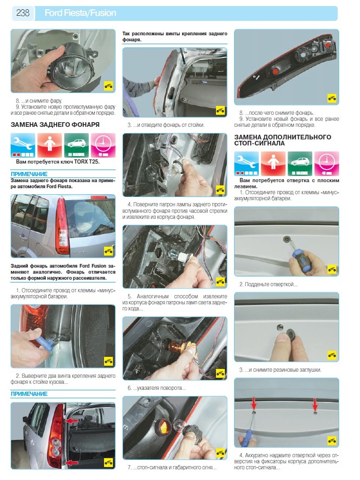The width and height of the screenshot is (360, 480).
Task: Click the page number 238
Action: pyautogui.click(x=23, y=13)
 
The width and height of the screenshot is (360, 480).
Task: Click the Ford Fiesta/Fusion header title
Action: pyautogui.click(x=80, y=13)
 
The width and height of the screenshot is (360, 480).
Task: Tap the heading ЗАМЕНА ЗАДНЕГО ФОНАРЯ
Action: pyautogui.click(x=55, y=125)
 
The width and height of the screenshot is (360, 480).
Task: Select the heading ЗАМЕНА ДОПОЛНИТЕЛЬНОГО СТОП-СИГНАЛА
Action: pyautogui.click(x=282, y=140)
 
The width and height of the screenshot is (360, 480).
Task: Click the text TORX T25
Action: pyautogui.click(x=87, y=162)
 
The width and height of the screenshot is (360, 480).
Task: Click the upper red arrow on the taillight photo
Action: pyautogui.click(x=72, y=421)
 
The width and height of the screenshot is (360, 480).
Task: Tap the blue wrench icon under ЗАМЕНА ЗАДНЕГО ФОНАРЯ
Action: pyautogui.click(x=23, y=145)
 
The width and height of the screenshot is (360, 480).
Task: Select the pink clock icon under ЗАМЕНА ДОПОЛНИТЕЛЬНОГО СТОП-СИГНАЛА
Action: pyautogui.click(x=327, y=164)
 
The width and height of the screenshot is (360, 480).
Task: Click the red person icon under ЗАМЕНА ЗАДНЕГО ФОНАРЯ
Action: pyautogui.click(x=50, y=145)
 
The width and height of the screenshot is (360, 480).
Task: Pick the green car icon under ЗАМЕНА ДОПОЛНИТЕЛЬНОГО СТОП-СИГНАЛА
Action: pyautogui.click(x=300, y=164)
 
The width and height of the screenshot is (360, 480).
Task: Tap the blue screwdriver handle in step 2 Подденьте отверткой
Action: pyautogui.click(x=301, y=257)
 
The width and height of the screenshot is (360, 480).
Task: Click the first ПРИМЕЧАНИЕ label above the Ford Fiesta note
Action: pyautogui.click(x=29, y=174)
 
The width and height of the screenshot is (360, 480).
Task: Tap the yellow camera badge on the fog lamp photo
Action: pyautogui.click(x=108, y=86)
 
